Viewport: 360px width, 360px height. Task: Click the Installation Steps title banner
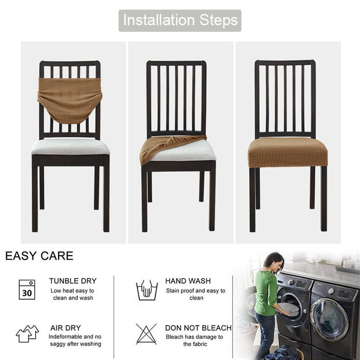coord(180,20)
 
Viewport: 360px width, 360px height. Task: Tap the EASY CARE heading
coord(39,256)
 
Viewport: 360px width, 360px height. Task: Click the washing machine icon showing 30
coord(27,289)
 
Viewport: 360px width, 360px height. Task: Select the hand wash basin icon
coord(147,290)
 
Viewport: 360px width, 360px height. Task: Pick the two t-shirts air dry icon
coord(27,333)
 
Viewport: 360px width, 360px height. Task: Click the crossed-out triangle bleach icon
coord(146,334)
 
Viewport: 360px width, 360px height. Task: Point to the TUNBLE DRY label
coord(73,281)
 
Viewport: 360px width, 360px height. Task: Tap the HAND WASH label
coord(188,281)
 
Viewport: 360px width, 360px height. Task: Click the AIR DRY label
coord(66,328)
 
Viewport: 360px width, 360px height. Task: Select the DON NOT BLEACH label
coord(198,328)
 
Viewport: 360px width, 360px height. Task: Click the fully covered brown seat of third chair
coord(288,153)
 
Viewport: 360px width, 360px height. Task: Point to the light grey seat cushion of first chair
coord(71,147)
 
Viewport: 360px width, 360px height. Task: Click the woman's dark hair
coord(273,261)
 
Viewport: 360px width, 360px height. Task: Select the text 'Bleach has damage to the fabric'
coord(194,340)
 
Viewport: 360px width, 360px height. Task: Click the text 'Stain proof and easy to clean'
coord(196,294)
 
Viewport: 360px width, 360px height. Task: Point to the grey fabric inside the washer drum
coord(289,309)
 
